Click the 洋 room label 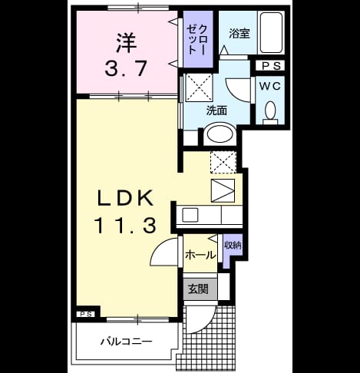tap(127, 43)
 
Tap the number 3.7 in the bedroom tap(126, 68)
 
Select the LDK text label tap(126, 198)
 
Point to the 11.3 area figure tap(125, 225)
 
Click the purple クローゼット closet tap(198, 39)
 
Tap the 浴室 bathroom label tap(239, 34)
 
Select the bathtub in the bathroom tap(272, 32)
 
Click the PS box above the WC tap(271, 66)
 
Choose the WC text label tap(270, 86)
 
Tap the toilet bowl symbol tap(270, 112)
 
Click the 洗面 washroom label tap(216, 111)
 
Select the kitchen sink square tap(190, 215)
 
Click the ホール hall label tap(200, 255)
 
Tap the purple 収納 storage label tap(233, 246)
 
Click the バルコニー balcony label tap(126, 342)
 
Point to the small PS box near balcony tap(86, 314)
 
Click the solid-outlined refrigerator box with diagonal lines tap(223, 190)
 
